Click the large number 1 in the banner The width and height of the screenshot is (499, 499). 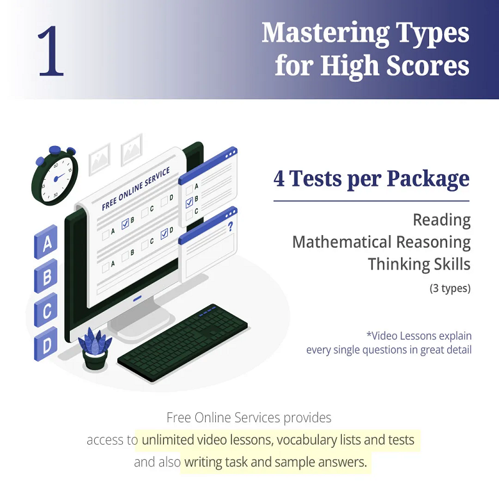(x=51, y=51)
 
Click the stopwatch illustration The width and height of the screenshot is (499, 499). (x=55, y=175)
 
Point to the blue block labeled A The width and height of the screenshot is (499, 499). (x=46, y=243)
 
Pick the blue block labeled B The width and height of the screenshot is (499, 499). (x=46, y=276)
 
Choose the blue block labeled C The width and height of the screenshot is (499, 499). (x=46, y=310)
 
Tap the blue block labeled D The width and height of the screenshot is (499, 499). (x=46, y=344)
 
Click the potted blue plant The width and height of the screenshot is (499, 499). (x=95, y=349)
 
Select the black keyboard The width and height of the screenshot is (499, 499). (x=183, y=342)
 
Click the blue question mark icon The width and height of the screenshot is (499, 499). (x=230, y=226)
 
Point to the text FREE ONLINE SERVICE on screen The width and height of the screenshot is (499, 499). (x=136, y=189)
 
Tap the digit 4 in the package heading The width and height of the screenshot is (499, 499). (x=279, y=178)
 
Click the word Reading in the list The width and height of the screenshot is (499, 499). (x=442, y=220)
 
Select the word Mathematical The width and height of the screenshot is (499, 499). (x=342, y=242)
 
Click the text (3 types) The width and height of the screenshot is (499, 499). (x=450, y=288)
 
